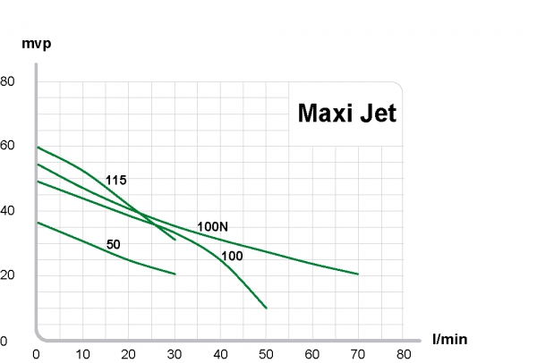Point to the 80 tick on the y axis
(8, 80)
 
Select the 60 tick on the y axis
(8, 145)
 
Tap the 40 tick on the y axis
(8, 210)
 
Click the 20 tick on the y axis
(8, 275)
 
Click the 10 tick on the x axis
(82, 354)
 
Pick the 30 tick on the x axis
(175, 354)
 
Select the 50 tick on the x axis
(266, 354)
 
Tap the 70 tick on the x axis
(358, 354)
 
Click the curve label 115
(115, 181)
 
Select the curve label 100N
(212, 226)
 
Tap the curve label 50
(113, 244)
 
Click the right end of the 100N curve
(358, 274)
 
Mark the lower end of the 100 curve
(266, 308)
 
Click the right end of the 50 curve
(175, 274)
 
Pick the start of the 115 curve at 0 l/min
(37, 146)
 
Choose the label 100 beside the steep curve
(232, 257)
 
